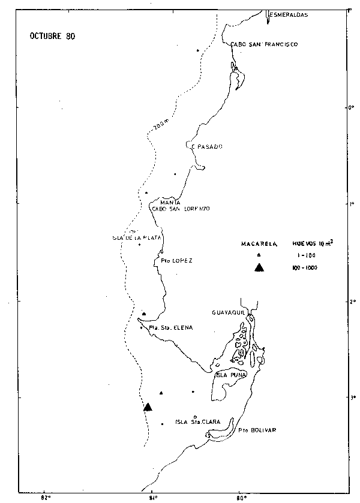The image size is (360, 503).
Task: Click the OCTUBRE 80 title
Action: [x=53, y=35]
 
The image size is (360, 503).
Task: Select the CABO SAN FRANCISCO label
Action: [x=265, y=44]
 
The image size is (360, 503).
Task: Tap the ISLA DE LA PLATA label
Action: [x=137, y=238]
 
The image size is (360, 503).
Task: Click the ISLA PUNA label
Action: [x=230, y=376]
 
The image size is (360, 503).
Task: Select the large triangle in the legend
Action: [x=259, y=267]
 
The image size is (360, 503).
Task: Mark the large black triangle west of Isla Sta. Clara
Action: [x=148, y=407]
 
